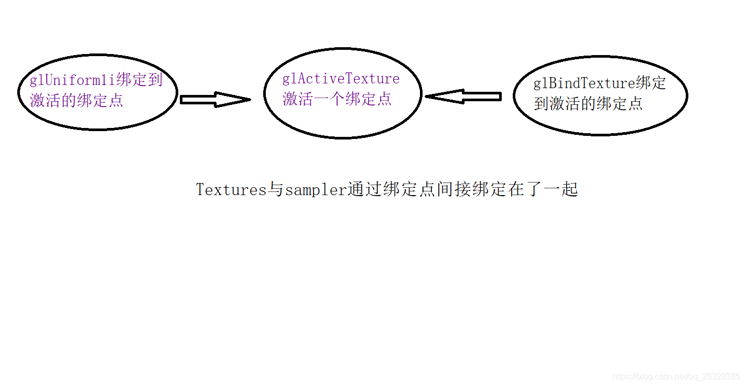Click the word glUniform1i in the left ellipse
tap(73, 80)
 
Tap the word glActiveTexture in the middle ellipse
tap(341, 79)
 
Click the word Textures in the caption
tap(231, 190)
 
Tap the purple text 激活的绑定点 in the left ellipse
tap(77, 101)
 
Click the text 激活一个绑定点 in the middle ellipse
tap(337, 99)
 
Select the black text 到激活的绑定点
tap(588, 104)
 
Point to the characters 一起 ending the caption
tap(561, 189)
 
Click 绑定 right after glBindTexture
tap(651, 83)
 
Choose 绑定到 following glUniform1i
tap(139, 80)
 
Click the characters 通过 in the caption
tap(365, 189)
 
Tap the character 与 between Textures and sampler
tap(276, 190)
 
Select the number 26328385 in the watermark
tap(722, 377)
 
